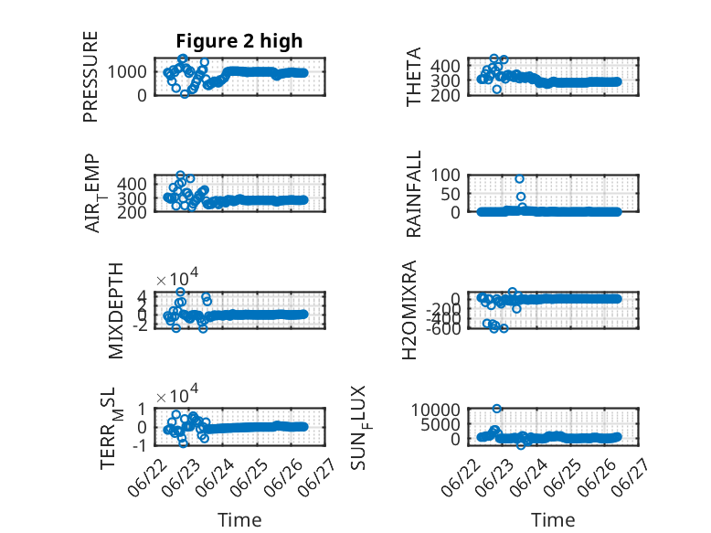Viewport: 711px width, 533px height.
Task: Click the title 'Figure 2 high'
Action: pyautogui.click(x=239, y=41)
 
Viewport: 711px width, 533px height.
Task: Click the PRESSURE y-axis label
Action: pyautogui.click(x=90, y=77)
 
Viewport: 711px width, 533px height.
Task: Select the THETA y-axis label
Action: pyautogui.click(x=414, y=77)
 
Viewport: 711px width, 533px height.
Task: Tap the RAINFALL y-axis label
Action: pyautogui.click(x=414, y=194)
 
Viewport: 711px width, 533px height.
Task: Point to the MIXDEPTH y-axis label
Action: pyautogui.click(x=116, y=311)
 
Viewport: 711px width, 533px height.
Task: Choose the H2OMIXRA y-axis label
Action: pyautogui.click(x=409, y=310)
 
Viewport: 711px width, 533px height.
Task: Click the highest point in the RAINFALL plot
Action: pyautogui.click(x=520, y=178)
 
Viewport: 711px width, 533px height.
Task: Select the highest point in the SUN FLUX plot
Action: pyautogui.click(x=497, y=409)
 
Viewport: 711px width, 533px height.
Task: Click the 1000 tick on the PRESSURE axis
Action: pyautogui.click(x=127, y=71)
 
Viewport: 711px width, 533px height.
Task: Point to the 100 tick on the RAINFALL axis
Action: pyautogui.click(x=445, y=175)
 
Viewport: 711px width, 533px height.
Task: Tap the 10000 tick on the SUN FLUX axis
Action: pyautogui.click(x=436, y=410)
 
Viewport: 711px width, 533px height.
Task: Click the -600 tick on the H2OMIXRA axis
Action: pyautogui.click(x=443, y=328)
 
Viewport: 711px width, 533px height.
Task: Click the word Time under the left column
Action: pyautogui.click(x=239, y=520)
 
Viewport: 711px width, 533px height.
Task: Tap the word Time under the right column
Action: pyautogui.click(x=553, y=520)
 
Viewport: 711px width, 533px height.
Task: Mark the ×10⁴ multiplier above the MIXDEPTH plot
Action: pyautogui.click(x=177, y=277)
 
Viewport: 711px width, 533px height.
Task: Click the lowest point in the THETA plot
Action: pyautogui.click(x=497, y=90)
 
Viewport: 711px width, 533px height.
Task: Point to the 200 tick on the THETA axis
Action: pyautogui.click(x=445, y=95)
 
